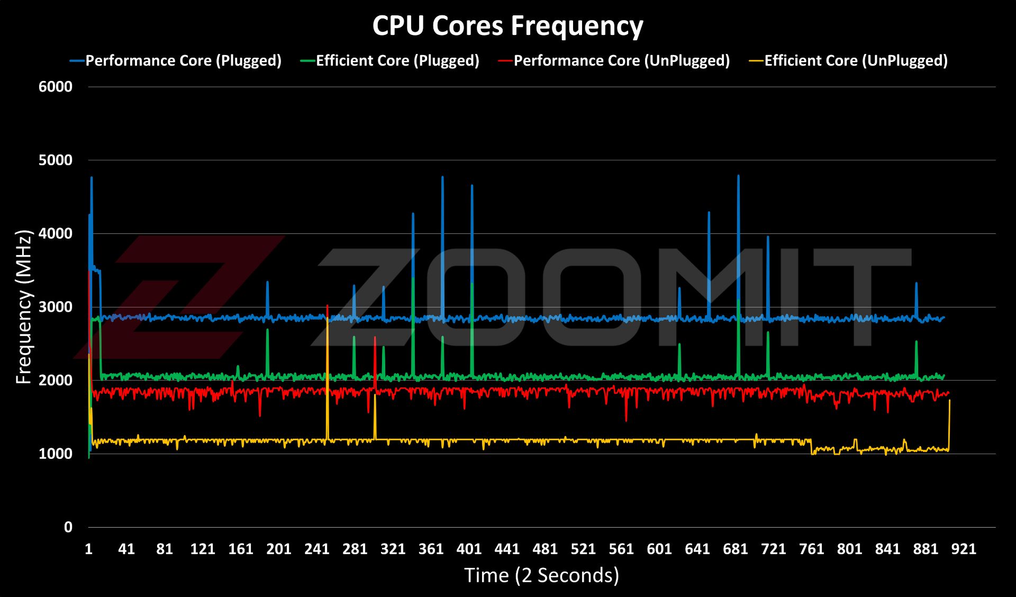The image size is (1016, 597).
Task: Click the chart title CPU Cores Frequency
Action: click(x=507, y=25)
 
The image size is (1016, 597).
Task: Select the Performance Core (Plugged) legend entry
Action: click(x=183, y=61)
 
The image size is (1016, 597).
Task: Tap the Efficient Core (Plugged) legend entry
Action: click(x=397, y=61)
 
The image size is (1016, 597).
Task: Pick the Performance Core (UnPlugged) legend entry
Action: click(x=621, y=61)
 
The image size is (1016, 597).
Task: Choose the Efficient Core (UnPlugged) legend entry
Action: click(x=856, y=61)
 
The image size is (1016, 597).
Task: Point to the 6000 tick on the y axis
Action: click(x=56, y=87)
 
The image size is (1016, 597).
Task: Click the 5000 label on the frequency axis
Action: click(x=56, y=160)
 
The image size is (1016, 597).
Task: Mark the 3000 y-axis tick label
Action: click(x=56, y=307)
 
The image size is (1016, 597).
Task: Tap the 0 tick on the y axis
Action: click(x=68, y=527)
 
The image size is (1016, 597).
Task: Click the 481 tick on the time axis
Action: click(x=545, y=549)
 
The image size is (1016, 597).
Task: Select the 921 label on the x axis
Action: click(x=964, y=549)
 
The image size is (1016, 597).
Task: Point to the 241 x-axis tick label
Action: click(x=316, y=549)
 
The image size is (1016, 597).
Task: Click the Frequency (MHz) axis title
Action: click(x=24, y=307)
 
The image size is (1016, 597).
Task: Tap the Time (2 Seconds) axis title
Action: click(x=541, y=575)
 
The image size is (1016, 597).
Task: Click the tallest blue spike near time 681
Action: click(x=738, y=177)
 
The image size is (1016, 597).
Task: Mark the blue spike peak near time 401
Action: click(x=472, y=186)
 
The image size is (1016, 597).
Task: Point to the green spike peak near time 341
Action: click(x=413, y=279)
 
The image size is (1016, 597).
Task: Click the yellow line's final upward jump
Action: click(x=949, y=402)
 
